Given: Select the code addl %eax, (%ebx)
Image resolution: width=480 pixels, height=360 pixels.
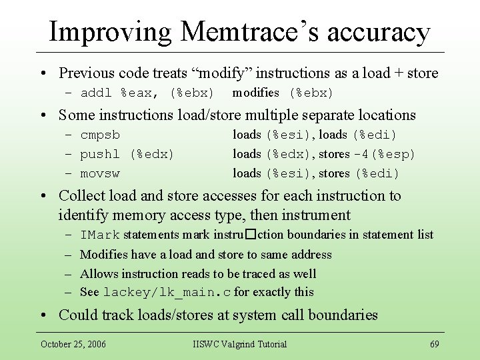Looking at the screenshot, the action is (x=147, y=93).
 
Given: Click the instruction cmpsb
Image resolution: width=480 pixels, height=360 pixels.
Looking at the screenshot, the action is (x=100, y=135).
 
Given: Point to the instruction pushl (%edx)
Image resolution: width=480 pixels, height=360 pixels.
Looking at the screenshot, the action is (x=127, y=155).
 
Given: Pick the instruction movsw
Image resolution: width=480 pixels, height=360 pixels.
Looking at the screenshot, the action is (x=100, y=174).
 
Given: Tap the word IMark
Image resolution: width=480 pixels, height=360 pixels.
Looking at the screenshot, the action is (x=99, y=235).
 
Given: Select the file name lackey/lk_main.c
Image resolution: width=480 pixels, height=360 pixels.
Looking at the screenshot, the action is (x=167, y=293).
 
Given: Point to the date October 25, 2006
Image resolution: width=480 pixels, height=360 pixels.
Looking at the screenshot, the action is (x=73, y=344).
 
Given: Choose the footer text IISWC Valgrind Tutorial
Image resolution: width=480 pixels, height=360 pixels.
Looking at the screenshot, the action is (x=239, y=344).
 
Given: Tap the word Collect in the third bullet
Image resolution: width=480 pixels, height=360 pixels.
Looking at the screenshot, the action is (x=81, y=195).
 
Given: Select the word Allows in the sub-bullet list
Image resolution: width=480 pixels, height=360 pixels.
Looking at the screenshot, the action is (x=98, y=273).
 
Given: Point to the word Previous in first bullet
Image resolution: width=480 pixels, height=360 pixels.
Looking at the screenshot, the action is (x=86, y=73).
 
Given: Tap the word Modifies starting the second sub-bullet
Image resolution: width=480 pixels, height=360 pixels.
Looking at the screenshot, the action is (x=104, y=254).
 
